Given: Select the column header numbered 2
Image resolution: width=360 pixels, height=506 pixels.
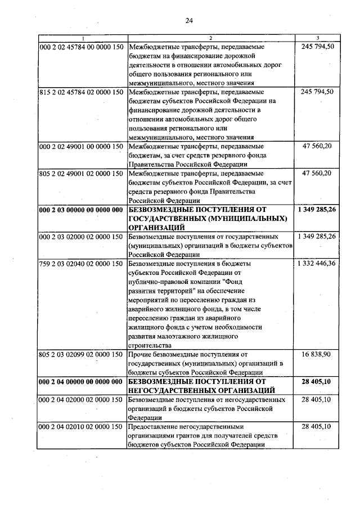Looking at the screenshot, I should pos(211,38).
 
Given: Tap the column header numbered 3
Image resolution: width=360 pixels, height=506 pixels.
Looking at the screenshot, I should pos(318,38).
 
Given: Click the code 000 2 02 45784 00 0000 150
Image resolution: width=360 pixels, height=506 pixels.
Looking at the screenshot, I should pos(82,47).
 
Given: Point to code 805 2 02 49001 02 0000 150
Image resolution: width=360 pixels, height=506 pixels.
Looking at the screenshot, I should pos(82,173).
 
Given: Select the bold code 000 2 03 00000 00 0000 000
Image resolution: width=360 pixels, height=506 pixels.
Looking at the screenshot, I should pos(82,210).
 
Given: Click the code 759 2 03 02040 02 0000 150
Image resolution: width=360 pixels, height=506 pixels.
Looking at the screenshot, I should pos(82,263).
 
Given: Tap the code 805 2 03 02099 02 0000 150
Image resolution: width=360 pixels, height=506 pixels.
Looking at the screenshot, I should pos(82,354).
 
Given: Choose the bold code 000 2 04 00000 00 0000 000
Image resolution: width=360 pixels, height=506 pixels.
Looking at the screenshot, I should pos(82,382).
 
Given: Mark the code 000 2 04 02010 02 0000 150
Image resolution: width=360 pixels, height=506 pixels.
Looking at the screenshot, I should pos(82,427).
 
